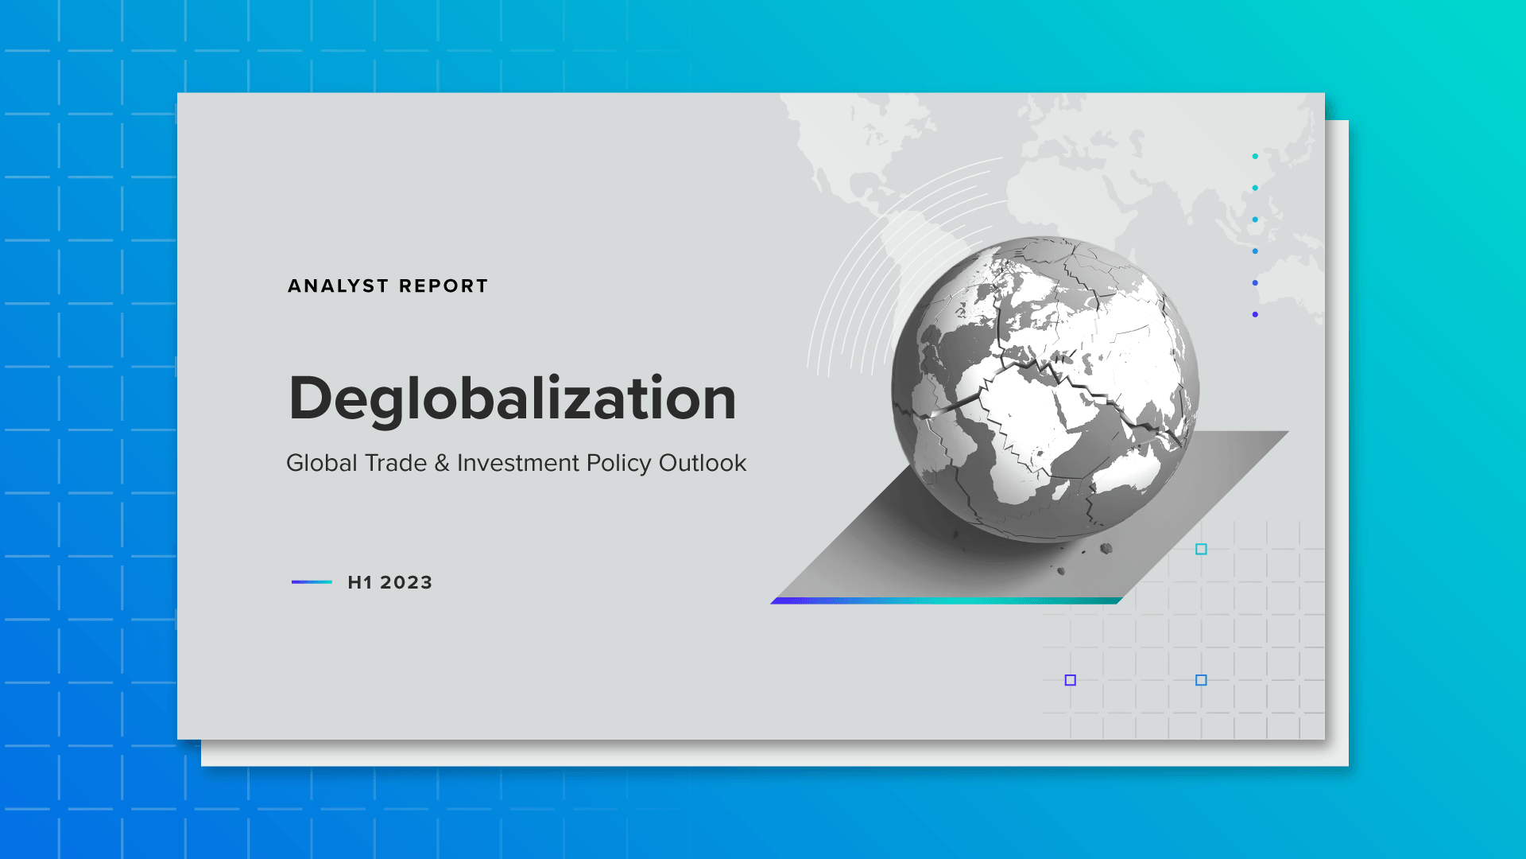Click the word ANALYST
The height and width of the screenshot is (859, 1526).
click(x=338, y=286)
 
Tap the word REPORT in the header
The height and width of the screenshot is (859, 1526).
click(x=443, y=286)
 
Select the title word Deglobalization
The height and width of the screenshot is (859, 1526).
click(x=513, y=398)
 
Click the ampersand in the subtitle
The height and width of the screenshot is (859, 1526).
click(x=442, y=463)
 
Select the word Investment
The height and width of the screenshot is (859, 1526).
click(x=517, y=463)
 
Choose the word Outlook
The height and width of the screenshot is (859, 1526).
click(x=703, y=463)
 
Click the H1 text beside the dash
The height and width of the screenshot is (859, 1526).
click(x=360, y=583)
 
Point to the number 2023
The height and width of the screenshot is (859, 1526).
click(x=406, y=583)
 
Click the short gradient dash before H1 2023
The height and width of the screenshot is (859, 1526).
click(x=312, y=582)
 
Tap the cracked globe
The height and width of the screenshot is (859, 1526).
click(x=1044, y=390)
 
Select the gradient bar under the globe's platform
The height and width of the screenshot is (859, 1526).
click(x=946, y=601)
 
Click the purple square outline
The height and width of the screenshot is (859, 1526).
click(x=1071, y=680)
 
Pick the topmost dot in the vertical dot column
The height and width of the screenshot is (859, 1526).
click(x=1255, y=157)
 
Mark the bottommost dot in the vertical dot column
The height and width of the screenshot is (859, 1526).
click(x=1255, y=315)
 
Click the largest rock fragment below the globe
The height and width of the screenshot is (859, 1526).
click(x=1106, y=548)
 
